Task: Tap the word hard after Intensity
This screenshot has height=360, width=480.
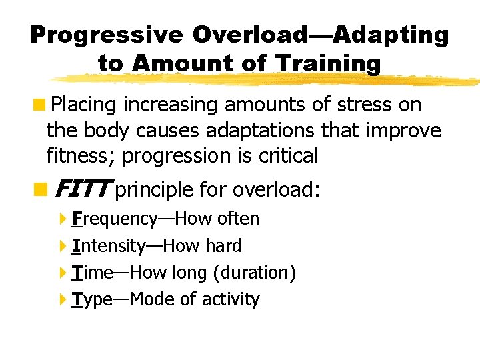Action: tap(223, 246)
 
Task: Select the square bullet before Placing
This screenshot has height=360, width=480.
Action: tap(41, 105)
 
